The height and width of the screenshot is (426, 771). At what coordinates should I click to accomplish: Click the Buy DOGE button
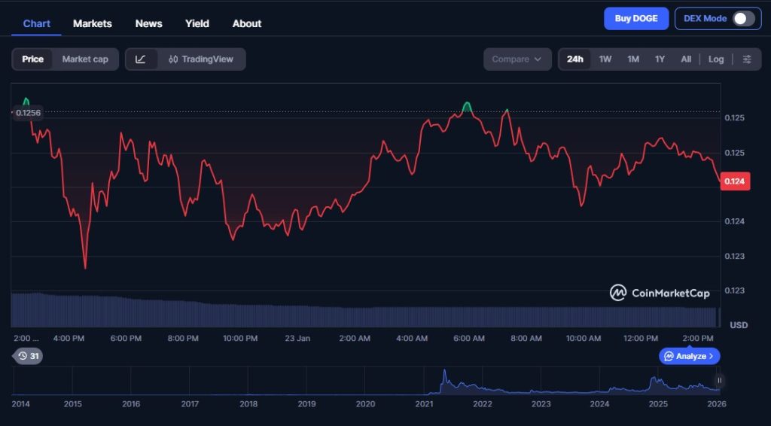(x=636, y=19)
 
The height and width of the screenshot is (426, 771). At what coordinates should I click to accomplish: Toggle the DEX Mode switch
(x=743, y=19)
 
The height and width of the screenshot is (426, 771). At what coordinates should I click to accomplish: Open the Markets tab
(x=92, y=23)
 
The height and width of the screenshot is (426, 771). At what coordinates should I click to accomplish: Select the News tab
(x=148, y=23)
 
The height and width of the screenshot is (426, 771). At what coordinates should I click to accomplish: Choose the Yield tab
(x=197, y=23)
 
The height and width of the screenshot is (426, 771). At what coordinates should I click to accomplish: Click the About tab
(x=247, y=23)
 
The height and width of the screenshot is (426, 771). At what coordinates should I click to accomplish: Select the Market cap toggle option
(x=85, y=59)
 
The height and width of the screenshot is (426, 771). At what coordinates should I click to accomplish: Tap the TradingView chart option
(x=201, y=59)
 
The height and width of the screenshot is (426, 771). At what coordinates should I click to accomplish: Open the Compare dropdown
(x=517, y=59)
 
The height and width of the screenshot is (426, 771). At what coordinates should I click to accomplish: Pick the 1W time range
(x=605, y=59)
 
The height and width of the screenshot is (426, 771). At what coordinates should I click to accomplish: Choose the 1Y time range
(x=660, y=59)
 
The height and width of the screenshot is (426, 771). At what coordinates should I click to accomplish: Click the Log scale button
(x=716, y=59)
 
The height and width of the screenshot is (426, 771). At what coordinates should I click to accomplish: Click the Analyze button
(x=690, y=356)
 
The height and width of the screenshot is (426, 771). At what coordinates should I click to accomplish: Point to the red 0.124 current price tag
(x=734, y=181)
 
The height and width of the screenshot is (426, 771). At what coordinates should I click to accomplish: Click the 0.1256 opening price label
(x=28, y=113)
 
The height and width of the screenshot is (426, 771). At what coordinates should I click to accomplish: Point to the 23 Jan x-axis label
(x=297, y=339)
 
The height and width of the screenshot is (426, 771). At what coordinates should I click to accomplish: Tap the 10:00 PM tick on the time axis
(x=240, y=339)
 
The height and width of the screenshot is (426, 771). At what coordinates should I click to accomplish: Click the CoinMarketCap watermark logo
(x=660, y=293)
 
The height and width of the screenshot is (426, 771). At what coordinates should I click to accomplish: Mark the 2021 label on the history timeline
(x=424, y=404)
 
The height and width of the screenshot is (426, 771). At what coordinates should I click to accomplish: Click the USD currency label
(x=739, y=325)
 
